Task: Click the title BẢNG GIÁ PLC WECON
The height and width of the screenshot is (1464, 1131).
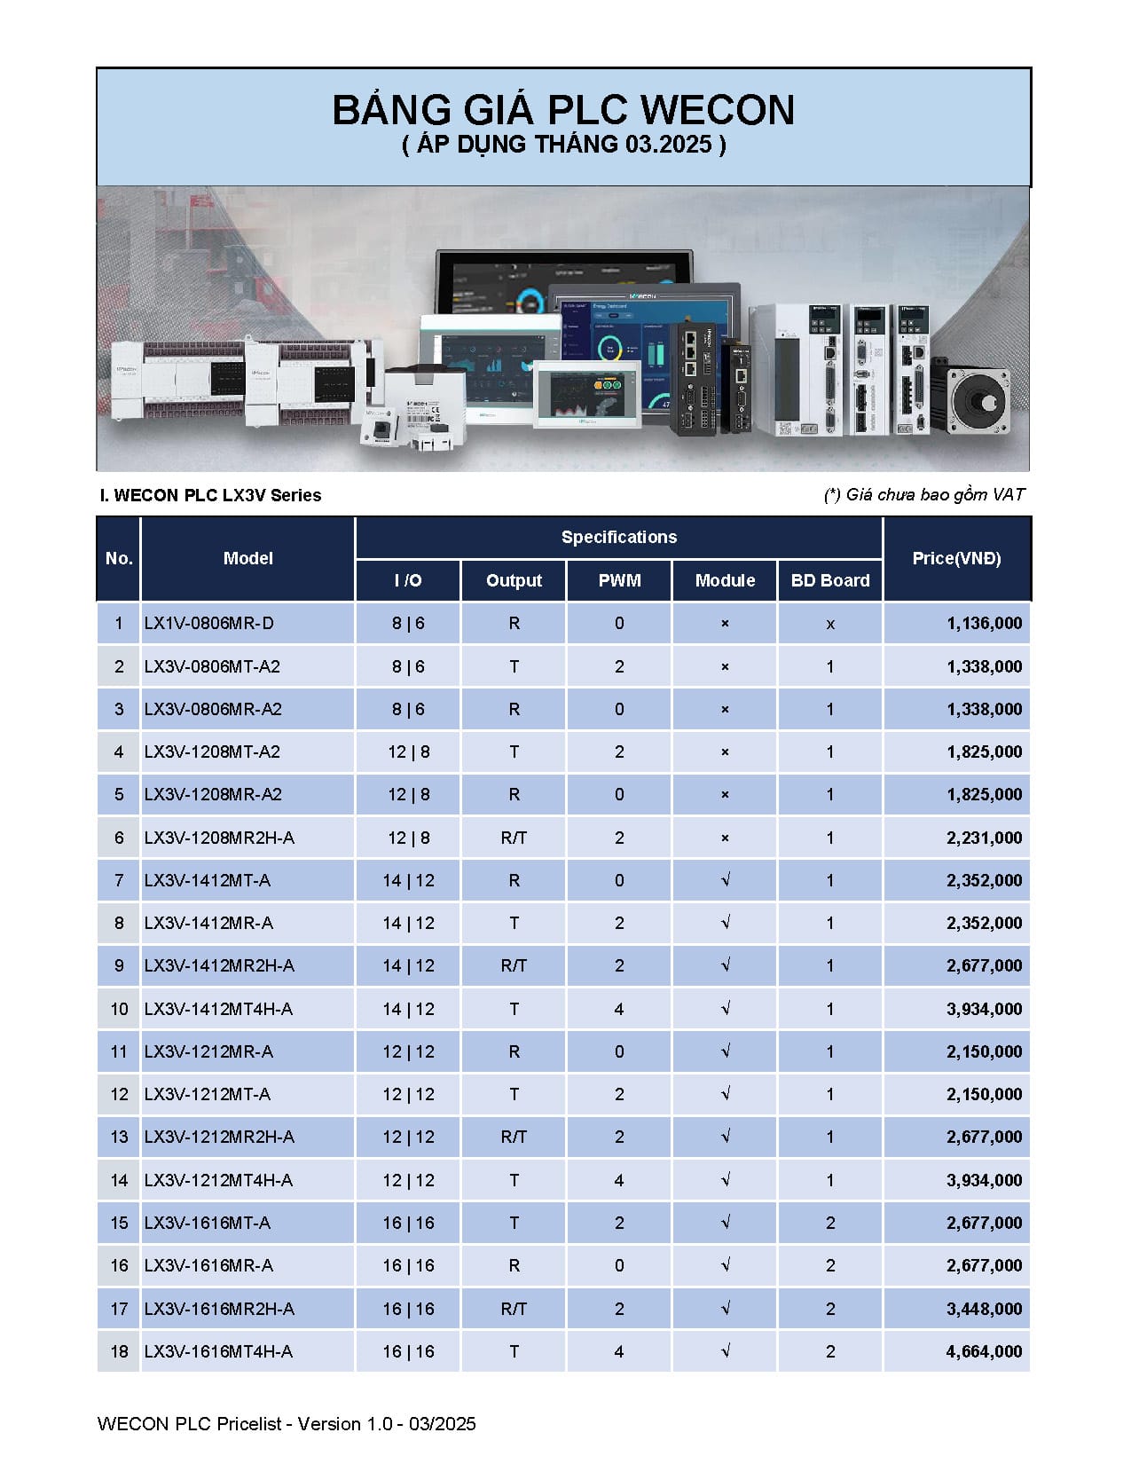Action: (563, 110)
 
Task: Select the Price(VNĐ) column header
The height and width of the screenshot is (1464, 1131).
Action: (956, 558)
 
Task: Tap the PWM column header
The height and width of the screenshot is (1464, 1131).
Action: (619, 580)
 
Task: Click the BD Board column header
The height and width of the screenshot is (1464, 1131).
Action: (829, 580)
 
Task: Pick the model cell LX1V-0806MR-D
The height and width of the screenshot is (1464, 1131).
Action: (209, 623)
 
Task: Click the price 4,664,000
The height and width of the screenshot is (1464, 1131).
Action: (984, 1351)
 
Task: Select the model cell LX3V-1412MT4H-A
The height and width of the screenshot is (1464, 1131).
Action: (218, 1009)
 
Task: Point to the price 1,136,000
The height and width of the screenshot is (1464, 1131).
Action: (984, 623)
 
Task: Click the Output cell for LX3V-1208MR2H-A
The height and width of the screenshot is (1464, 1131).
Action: (514, 838)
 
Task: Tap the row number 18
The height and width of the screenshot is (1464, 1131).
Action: (119, 1351)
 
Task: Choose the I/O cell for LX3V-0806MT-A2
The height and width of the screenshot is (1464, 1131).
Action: (408, 666)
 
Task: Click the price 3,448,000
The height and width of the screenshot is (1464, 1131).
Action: (984, 1309)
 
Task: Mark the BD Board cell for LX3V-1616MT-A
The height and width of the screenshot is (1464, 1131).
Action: (829, 1223)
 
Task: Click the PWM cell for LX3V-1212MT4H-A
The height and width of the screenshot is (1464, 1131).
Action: (619, 1180)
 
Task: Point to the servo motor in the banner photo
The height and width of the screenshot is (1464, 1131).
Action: (979, 399)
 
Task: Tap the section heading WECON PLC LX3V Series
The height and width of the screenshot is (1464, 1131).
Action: (211, 495)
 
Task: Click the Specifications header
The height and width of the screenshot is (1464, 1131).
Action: (619, 537)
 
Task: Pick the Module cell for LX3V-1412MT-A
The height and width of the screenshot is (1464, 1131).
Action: (725, 880)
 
